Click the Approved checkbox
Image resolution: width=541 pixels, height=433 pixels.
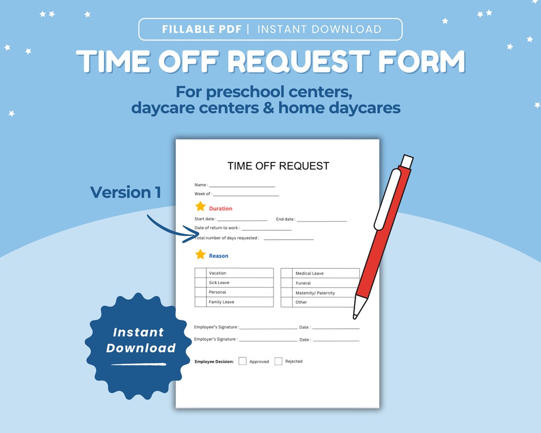click(x=242, y=361)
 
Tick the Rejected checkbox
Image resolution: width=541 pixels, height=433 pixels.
click(x=279, y=361)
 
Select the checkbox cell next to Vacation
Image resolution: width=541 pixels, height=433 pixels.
click(x=200, y=273)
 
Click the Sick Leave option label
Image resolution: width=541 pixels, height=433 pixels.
click(x=219, y=283)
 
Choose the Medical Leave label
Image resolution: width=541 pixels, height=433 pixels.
click(x=309, y=274)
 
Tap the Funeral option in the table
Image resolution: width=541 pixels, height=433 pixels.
click(x=303, y=283)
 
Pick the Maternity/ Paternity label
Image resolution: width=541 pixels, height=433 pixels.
click(x=315, y=293)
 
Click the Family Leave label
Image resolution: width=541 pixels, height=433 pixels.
click(x=221, y=302)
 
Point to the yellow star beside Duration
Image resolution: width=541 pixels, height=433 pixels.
click(x=200, y=206)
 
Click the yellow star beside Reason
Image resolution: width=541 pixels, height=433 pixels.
click(x=200, y=255)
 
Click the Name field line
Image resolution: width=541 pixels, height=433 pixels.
click(x=242, y=186)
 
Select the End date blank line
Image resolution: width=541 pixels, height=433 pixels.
click(x=322, y=221)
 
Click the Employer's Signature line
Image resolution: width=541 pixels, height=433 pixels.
click(x=268, y=340)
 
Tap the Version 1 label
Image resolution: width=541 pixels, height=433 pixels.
click(x=125, y=192)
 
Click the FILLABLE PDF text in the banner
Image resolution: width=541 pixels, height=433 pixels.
click(x=202, y=29)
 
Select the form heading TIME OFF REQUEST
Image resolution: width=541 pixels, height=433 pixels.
click(x=278, y=166)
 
